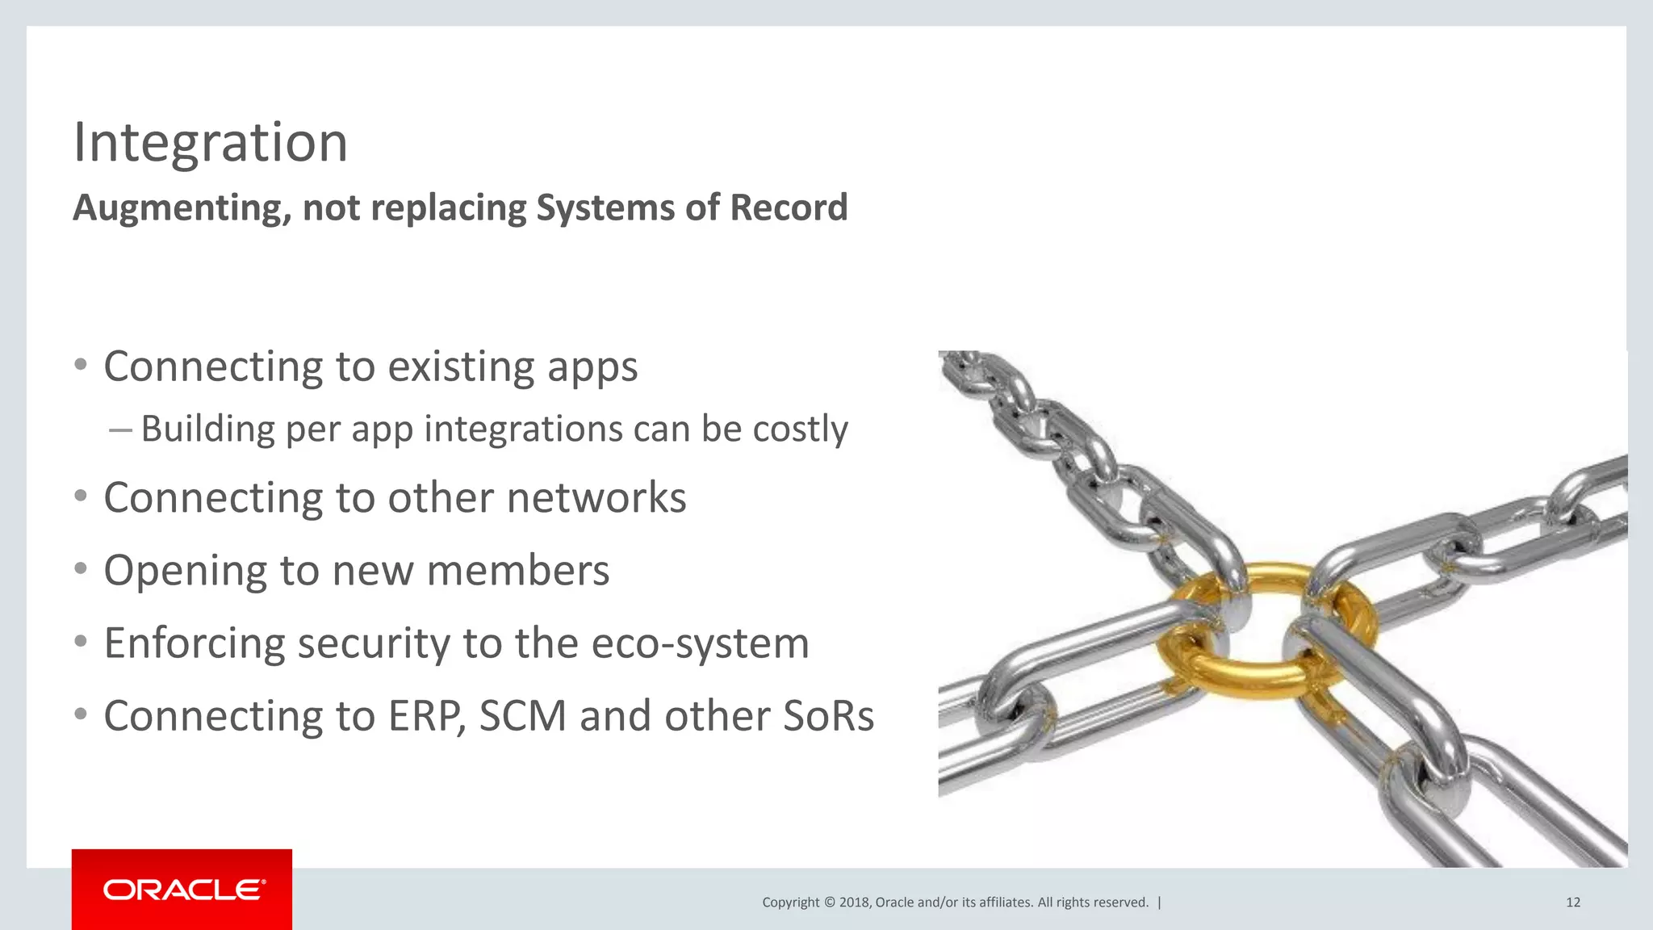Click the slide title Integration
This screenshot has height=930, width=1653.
tap(210, 143)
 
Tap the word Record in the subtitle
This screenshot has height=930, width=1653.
tap(789, 207)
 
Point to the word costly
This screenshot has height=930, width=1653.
tap(800, 429)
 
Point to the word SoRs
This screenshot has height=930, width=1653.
tap(828, 716)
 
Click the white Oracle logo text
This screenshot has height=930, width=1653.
tap(184, 890)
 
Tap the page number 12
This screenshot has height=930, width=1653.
tap(1572, 903)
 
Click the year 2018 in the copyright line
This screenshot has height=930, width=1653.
tap(854, 903)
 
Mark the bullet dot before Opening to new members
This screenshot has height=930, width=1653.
tap(80, 569)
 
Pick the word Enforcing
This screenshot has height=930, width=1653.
tap(195, 644)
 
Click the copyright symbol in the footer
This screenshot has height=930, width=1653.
tap(828, 903)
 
